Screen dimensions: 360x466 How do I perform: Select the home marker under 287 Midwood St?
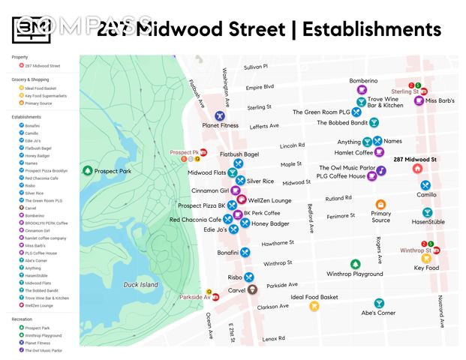coord(417,169)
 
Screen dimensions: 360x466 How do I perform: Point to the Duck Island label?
coord(140,285)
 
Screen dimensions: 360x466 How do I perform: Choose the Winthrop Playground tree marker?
coord(355,264)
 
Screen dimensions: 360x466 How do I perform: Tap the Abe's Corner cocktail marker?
coord(379,303)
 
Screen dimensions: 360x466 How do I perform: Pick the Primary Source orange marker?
coord(380,205)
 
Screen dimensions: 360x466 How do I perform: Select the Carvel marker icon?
coord(253,289)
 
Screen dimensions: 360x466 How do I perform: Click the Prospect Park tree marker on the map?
coord(87,171)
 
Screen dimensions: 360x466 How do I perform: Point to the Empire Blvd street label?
coord(260,87)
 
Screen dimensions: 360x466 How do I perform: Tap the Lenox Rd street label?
coord(273,338)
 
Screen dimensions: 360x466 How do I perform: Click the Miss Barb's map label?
coord(441,100)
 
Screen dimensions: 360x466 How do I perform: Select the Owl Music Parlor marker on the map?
coord(381,170)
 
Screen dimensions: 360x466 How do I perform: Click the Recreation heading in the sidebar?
coord(23,319)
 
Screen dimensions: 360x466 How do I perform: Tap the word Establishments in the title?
coord(366,28)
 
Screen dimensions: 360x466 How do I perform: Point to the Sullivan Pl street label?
coord(255,67)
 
